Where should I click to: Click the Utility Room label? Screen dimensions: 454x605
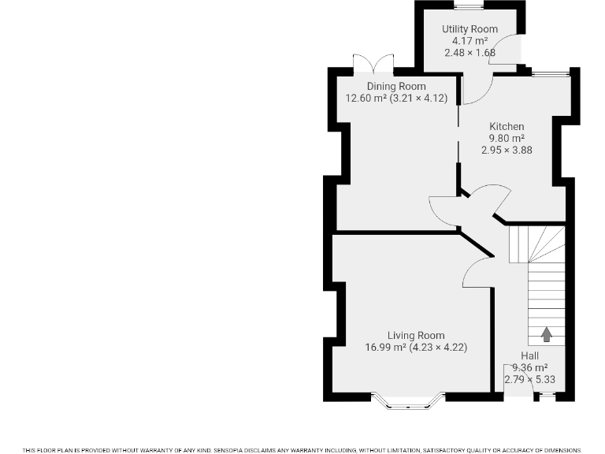click(x=470, y=29)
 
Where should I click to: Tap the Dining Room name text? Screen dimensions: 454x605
click(x=396, y=87)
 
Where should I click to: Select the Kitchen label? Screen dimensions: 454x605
click(x=507, y=126)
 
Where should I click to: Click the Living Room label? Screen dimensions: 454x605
click(x=416, y=335)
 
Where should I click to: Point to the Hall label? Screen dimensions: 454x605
click(x=529, y=356)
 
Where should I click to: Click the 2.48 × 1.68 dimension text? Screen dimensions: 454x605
click(x=470, y=53)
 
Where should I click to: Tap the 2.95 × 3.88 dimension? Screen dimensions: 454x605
click(x=507, y=149)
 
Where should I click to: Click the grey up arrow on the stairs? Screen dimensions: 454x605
click(x=546, y=334)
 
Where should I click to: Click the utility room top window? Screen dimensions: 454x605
click(x=470, y=6)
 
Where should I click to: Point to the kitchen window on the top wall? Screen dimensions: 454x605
click(x=549, y=73)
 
